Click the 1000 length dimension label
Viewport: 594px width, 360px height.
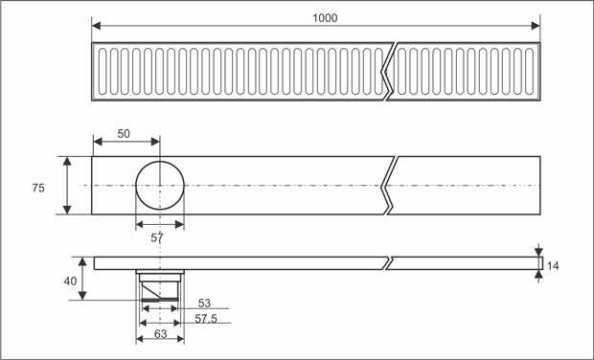(325, 18)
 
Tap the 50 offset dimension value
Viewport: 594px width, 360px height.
(124, 134)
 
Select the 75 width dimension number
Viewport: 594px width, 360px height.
(38, 188)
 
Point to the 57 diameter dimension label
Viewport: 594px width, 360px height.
(157, 238)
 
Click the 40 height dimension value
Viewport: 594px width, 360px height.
(70, 281)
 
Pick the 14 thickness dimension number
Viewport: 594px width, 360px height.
(553, 266)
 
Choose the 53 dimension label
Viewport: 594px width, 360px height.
(204, 304)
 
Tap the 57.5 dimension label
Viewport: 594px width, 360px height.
(206, 319)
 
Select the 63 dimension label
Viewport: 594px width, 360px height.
(160, 333)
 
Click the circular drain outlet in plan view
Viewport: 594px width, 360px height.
(160, 161)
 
